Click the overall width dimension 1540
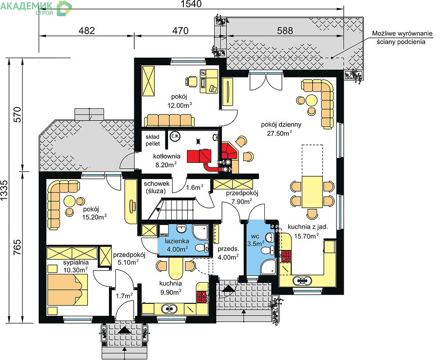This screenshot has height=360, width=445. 191,4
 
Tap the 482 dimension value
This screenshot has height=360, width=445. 86,31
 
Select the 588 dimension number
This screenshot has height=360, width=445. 285,31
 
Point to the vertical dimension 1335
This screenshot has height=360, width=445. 4,190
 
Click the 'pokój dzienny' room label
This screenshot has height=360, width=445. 281,125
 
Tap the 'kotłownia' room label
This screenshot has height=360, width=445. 167,156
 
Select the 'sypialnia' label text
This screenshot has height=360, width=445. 76,262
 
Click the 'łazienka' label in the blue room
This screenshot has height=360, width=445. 177,241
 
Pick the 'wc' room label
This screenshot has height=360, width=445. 255,236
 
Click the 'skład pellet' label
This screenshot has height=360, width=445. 153,140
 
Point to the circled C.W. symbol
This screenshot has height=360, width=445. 175,136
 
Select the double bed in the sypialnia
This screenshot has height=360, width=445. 68,289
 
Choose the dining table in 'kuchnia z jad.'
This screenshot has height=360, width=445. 312,192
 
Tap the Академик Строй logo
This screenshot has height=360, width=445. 36,8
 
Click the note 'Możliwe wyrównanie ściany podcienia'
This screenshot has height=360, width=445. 402,38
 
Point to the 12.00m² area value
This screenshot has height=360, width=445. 180,105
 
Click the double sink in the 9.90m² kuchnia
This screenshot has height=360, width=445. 170,308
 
